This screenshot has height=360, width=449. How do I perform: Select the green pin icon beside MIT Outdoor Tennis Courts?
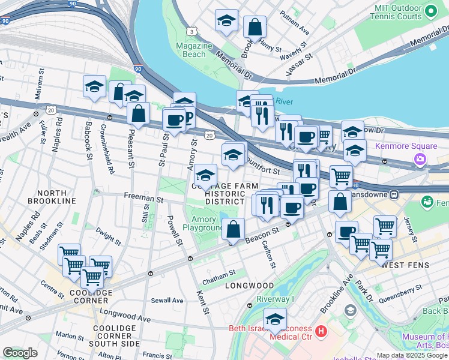click(x=430, y=11)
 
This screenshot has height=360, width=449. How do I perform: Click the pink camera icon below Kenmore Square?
click(x=419, y=159)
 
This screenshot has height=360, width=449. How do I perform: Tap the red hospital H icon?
click(x=321, y=331)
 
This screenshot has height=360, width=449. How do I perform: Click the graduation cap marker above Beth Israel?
click(x=276, y=319)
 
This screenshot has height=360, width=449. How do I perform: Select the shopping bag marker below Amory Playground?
click(x=234, y=229)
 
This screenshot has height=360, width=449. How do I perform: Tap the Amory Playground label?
click(x=203, y=223)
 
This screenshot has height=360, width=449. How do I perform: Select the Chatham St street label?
click(x=219, y=275)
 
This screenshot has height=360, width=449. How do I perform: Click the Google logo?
click(x=20, y=353)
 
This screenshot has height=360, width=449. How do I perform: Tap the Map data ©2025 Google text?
click(x=412, y=355)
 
